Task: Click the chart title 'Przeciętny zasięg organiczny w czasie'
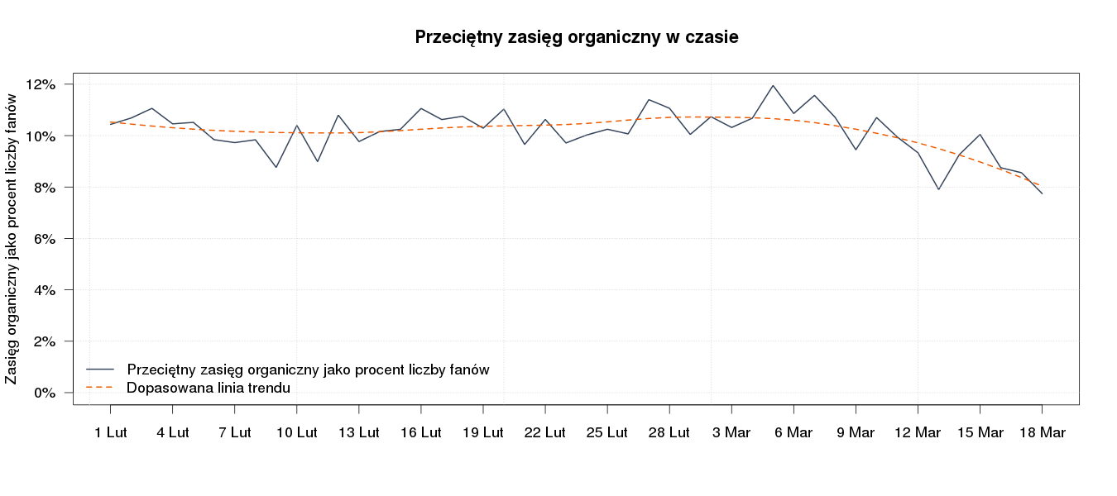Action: (x=577, y=37)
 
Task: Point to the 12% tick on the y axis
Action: (x=41, y=84)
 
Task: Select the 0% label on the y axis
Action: (x=44, y=393)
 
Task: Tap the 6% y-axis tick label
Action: (x=44, y=239)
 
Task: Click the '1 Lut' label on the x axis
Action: (x=110, y=432)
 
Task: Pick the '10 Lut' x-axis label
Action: (x=296, y=432)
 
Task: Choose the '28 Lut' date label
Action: (x=669, y=432)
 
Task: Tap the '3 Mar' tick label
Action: (x=731, y=432)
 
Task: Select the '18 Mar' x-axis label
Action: (x=1042, y=432)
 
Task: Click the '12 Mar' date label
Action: (x=918, y=432)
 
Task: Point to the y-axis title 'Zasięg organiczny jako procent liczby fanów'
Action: (x=12, y=239)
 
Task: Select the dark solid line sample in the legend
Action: (x=99, y=370)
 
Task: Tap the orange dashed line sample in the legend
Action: (x=99, y=387)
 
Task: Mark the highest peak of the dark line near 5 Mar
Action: (x=773, y=85)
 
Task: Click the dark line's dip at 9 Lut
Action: (x=276, y=167)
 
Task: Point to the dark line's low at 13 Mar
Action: (x=938, y=189)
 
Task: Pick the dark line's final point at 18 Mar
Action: (x=1042, y=193)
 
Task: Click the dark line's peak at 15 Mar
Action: (x=980, y=134)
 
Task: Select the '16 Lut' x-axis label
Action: (x=420, y=432)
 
